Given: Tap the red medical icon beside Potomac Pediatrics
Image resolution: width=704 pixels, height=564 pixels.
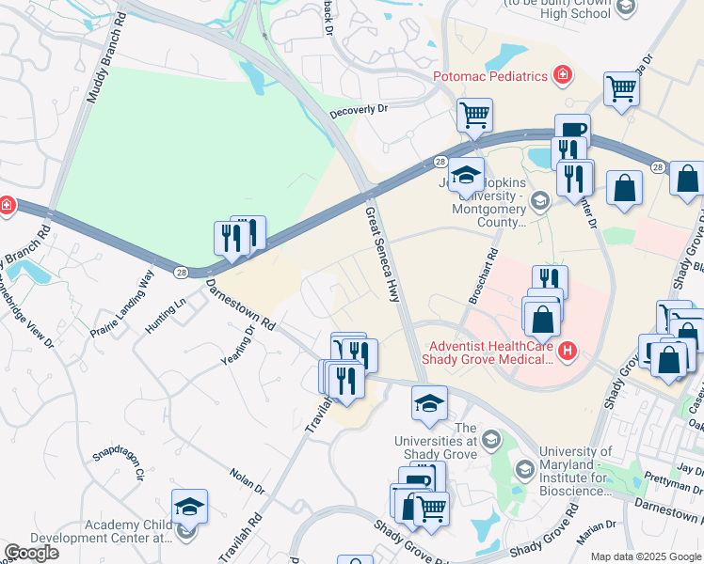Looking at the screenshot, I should [563, 73].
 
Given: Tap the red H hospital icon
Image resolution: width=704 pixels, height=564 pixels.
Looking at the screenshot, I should [567, 352].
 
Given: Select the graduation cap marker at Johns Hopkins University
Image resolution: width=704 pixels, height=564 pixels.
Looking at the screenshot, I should [466, 174].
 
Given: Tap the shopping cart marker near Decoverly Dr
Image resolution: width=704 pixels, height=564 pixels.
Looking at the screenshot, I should [475, 115].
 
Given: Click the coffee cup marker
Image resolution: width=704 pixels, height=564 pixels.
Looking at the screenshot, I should [572, 130].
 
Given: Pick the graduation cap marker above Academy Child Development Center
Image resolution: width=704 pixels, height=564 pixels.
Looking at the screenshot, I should [189, 507].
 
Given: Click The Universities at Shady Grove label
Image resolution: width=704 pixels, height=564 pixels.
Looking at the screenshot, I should [465, 442].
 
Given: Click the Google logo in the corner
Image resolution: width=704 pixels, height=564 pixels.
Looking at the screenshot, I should [30, 553].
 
